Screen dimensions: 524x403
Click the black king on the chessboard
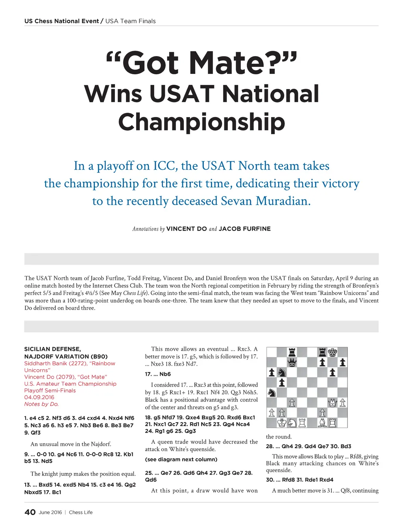coord(333,352)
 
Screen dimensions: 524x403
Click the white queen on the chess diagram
coord(333,402)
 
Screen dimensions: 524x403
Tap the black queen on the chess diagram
coord(292,362)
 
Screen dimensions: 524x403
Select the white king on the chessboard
coord(282,423)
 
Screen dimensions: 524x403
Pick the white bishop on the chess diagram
coord(322,423)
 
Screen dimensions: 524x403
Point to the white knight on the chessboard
coord(292,423)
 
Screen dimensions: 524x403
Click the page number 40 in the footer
coord(30,512)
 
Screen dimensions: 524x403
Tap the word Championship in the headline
coord(201,122)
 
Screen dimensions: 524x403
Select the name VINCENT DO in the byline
coord(187,229)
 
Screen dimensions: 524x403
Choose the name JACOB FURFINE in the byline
coord(244,229)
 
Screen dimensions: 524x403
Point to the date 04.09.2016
coord(39,397)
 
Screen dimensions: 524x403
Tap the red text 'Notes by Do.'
coord(41,404)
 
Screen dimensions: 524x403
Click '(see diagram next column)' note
coord(181,459)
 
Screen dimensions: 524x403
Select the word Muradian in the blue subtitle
coord(283,201)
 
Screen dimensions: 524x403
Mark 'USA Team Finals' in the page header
coord(131,21)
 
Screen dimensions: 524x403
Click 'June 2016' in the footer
coord(50,512)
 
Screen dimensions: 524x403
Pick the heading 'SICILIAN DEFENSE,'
coord(52,349)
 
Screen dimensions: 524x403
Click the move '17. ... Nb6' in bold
coord(158,374)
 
